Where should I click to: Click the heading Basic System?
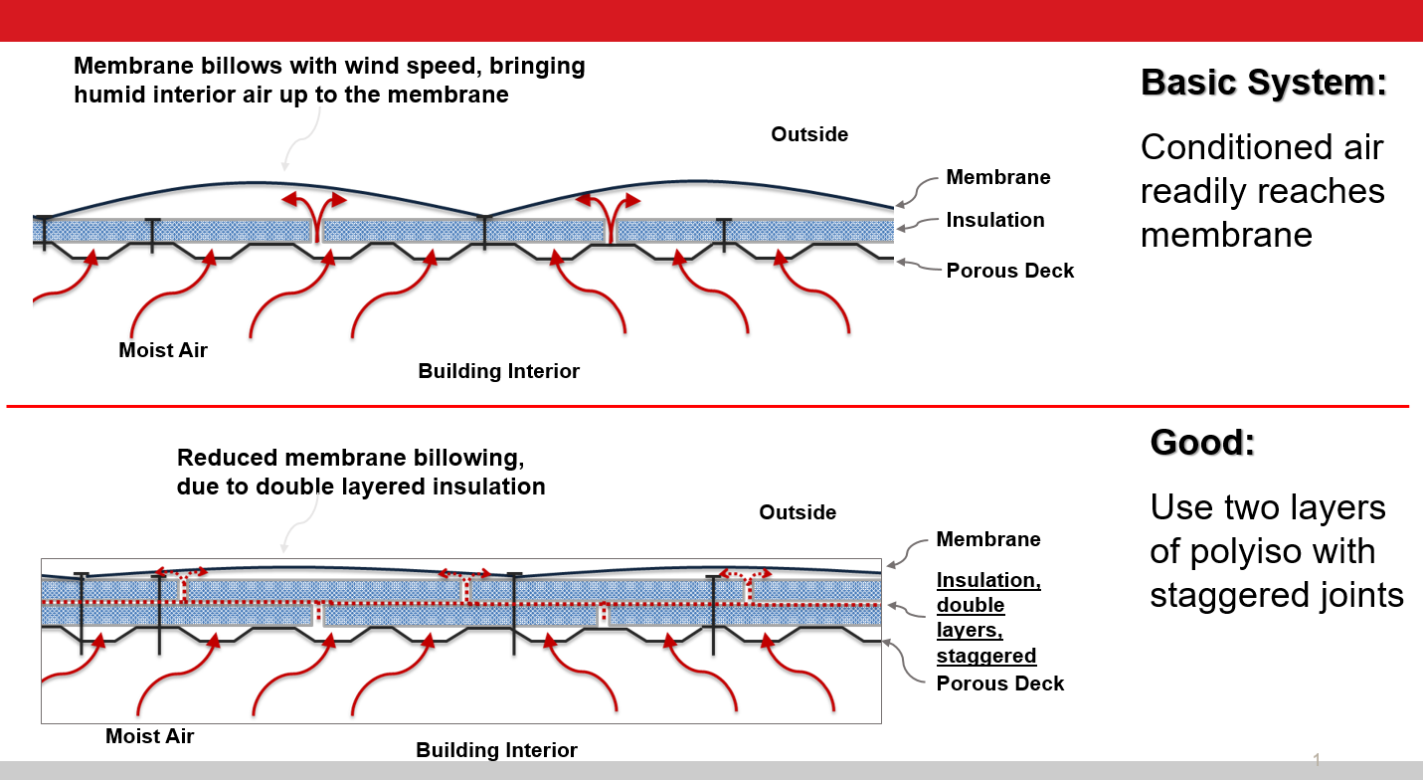click(x=1263, y=82)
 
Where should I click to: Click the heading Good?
click(x=1202, y=441)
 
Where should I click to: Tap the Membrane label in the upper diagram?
click(x=997, y=177)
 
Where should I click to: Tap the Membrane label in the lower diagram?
click(x=987, y=539)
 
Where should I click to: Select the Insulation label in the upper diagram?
click(x=994, y=220)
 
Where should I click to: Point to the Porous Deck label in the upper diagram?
click(x=1009, y=271)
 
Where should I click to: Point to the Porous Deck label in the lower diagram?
click(x=999, y=683)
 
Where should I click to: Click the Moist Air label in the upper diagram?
click(x=163, y=350)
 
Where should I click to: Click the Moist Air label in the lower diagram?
click(x=149, y=736)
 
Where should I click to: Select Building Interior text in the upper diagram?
click(x=498, y=371)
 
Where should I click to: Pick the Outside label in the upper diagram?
click(x=809, y=134)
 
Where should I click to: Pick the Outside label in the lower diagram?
click(x=798, y=512)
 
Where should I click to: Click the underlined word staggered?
click(x=985, y=656)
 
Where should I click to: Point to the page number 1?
click(x=1317, y=760)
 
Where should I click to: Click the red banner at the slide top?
click(x=711, y=20)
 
